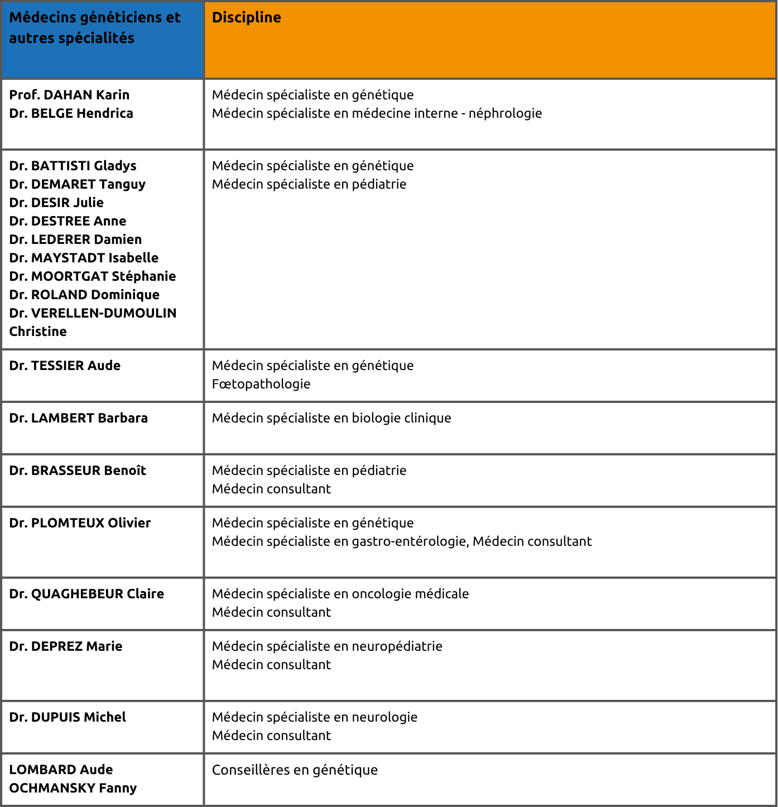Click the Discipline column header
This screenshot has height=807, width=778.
[x=246, y=18]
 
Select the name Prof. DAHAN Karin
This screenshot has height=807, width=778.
[x=69, y=95]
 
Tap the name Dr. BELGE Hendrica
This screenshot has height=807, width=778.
[x=71, y=113]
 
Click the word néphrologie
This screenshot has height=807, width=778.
[x=505, y=113]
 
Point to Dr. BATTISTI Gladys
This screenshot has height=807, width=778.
[x=73, y=166]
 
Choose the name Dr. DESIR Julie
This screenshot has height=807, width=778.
[x=56, y=203]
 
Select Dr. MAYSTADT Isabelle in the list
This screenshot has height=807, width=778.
[x=84, y=258]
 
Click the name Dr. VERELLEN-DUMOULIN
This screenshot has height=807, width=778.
[x=93, y=313]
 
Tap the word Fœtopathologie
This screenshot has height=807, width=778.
[x=261, y=384]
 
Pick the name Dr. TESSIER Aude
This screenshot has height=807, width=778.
[x=65, y=366]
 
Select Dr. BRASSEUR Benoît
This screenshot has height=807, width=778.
[x=78, y=470]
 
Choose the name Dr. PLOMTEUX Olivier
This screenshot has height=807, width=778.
[x=80, y=523]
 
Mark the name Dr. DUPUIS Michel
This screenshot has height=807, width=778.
[x=68, y=717]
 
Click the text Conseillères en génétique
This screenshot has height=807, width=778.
[x=295, y=770]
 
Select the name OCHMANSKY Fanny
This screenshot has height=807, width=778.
[x=73, y=788]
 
